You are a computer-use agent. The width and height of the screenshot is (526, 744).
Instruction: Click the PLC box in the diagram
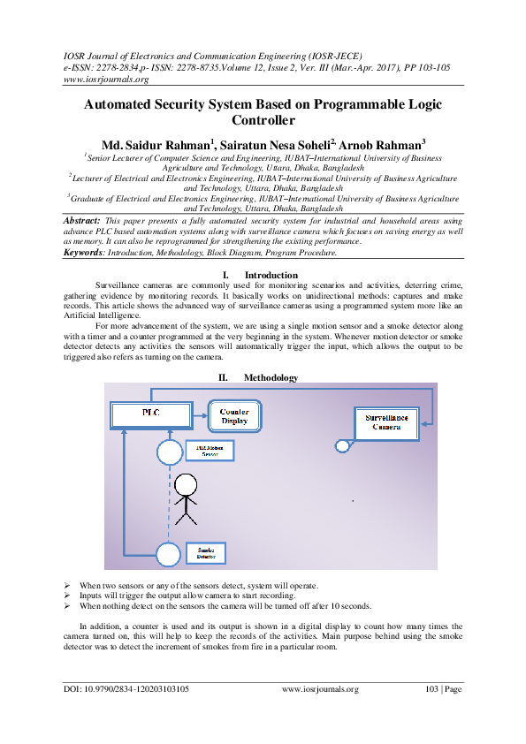[150, 413]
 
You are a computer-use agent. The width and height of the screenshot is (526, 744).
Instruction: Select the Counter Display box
[235, 416]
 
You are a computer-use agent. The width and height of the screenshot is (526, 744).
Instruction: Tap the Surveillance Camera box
[386, 421]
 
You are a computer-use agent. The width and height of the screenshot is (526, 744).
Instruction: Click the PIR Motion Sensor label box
[207, 452]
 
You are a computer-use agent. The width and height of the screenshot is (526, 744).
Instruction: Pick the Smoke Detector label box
[206, 554]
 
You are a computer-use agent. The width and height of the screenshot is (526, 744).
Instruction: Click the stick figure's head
[185, 485]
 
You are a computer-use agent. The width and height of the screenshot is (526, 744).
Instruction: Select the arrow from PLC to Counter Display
[199, 414]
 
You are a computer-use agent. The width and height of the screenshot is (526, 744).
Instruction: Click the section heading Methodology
[272, 377]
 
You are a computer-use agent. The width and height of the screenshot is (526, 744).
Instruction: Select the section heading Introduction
[271, 276]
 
